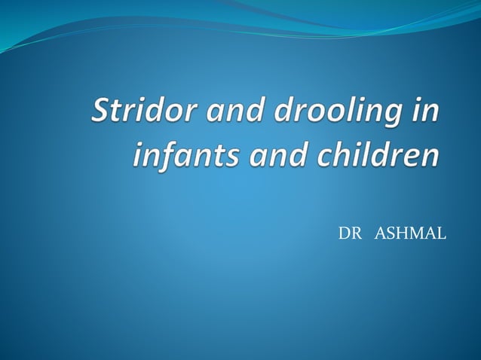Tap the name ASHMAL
(x=410, y=234)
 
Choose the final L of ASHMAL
(x=441, y=234)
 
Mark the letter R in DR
(x=355, y=234)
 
